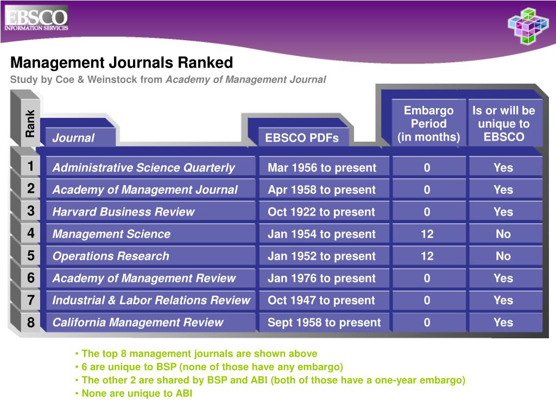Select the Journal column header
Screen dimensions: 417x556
point(73,138)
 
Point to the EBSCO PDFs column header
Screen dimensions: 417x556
point(302,138)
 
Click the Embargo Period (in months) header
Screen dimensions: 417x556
point(428,124)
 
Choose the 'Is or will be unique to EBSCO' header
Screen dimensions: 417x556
point(504,124)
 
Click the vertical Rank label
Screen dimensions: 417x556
point(30,123)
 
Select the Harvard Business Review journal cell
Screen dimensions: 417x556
point(123,212)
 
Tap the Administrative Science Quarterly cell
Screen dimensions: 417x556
point(143,168)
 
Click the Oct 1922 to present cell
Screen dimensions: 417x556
point(321,212)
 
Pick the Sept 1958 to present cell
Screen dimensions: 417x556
point(324,323)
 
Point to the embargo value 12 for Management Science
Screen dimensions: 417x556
point(427,234)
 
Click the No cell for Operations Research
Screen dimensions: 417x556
point(503,256)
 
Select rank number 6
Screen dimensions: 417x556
point(31,278)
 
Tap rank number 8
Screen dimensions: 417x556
point(31,323)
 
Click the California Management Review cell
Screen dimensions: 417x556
point(137,323)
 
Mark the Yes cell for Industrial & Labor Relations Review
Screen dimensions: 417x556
point(503,300)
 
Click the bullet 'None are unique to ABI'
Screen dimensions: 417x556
point(137,394)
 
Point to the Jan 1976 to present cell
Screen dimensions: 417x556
point(321,279)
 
